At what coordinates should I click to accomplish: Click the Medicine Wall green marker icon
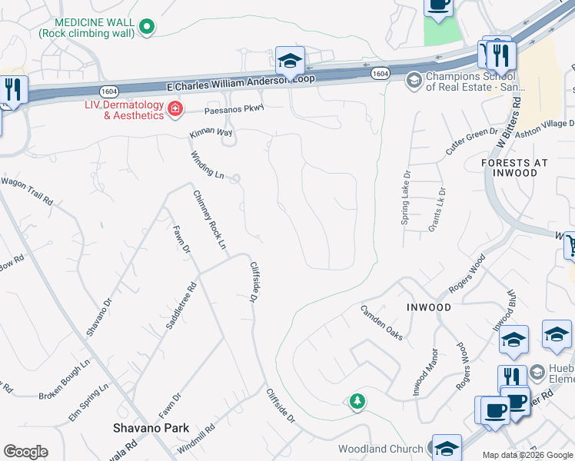pos(146,28)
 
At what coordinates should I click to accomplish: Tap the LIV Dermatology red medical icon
pos(176,110)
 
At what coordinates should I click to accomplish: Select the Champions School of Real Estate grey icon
pos(414,80)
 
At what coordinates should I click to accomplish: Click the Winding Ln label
pos(208,164)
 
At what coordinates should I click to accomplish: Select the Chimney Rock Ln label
pos(210,220)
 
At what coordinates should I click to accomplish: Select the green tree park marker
pos(357,401)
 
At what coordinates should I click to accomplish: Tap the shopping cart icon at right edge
pos(570,246)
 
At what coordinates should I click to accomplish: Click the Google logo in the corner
pos(25,452)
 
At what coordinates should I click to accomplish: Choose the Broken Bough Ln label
pos(65,378)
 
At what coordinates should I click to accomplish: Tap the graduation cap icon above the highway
pos(290,60)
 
